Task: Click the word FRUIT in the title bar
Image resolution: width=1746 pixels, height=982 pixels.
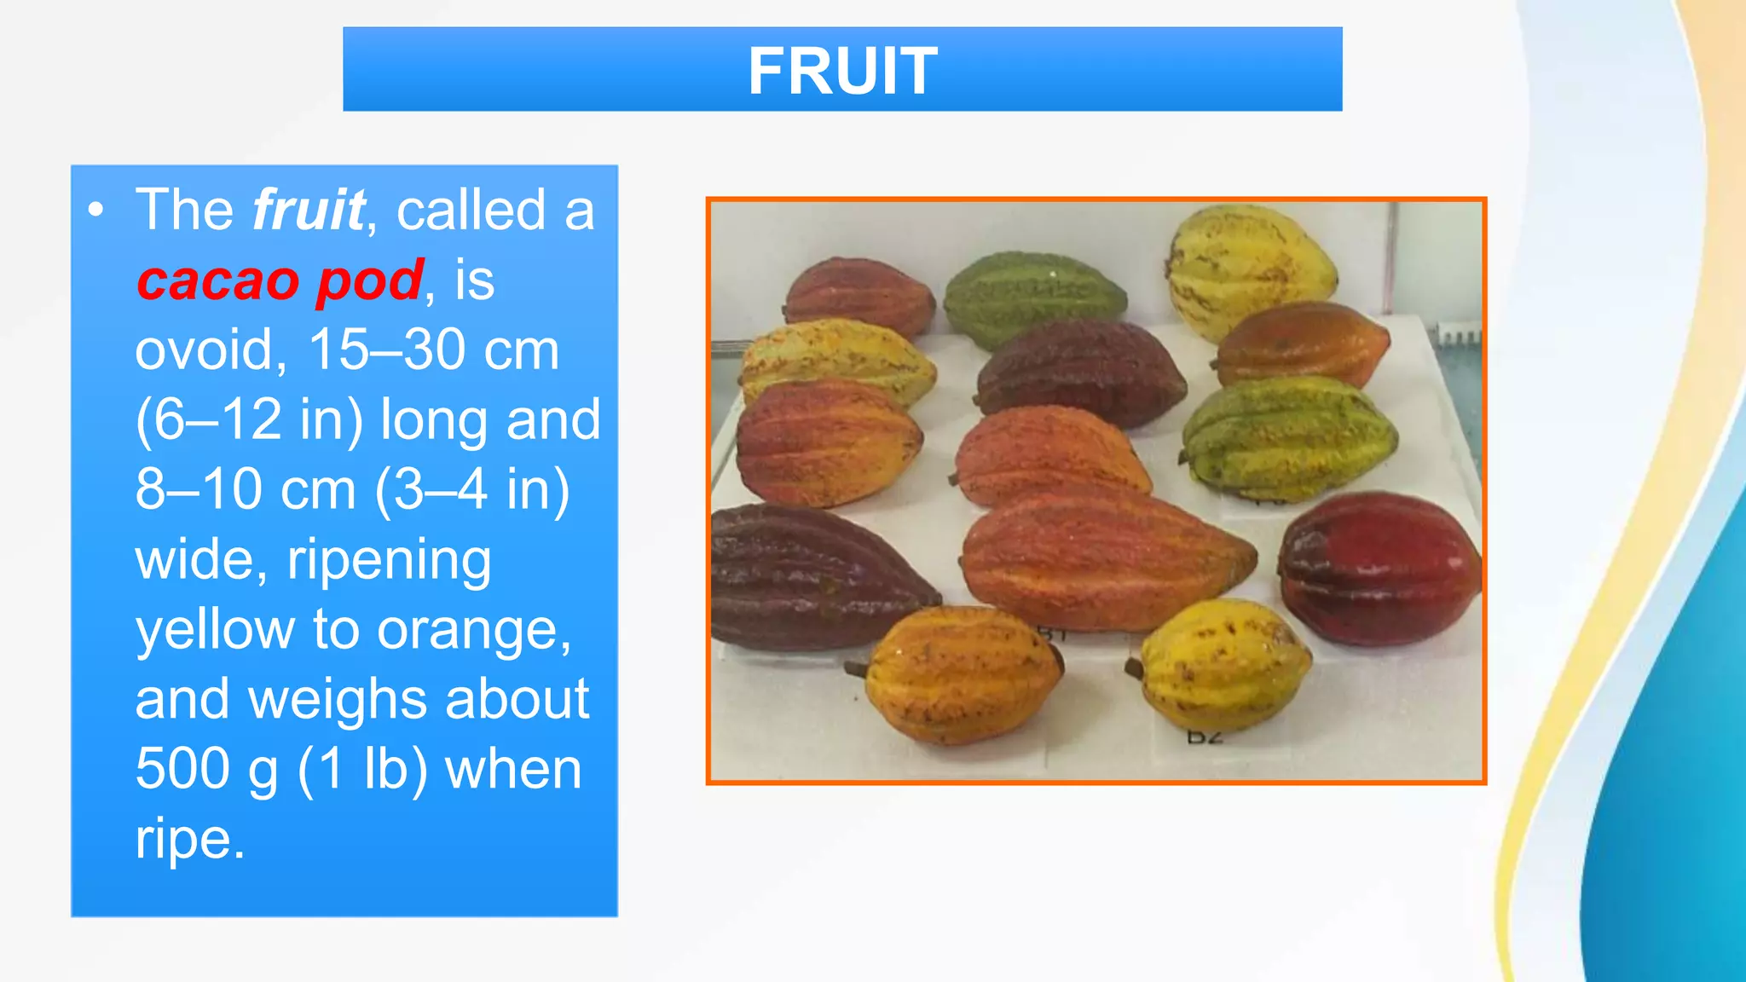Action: coord(842,71)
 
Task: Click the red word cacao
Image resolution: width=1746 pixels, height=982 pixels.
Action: coord(218,280)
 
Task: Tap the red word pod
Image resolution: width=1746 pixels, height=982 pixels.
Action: coord(369,282)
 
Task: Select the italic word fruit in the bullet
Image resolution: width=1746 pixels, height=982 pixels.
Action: coord(309,210)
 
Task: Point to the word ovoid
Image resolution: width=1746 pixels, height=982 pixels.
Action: coord(204,350)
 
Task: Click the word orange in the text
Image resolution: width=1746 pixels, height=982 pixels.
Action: coord(473,631)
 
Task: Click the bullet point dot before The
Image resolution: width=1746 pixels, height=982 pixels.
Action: coord(96,210)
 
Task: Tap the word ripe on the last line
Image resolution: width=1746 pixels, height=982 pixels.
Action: coord(188,840)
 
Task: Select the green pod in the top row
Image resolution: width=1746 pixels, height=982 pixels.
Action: coord(1033,298)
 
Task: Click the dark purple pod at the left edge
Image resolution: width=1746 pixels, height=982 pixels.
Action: coord(810,575)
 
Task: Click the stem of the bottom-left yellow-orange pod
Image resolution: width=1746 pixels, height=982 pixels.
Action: coord(856,670)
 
